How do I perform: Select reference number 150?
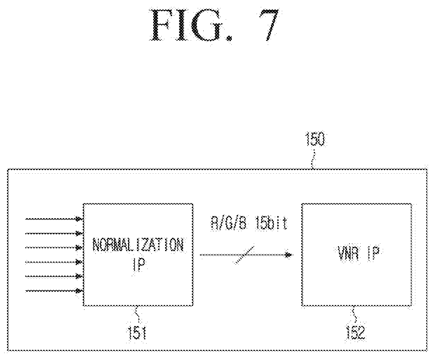[x=315, y=139]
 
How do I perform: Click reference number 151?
[x=137, y=333]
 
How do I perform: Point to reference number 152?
[x=356, y=333]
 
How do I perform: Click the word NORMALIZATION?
[x=138, y=245]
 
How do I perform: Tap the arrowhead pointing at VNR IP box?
[x=289, y=255]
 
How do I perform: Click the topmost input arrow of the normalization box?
[x=54, y=219]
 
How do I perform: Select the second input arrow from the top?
[x=54, y=234]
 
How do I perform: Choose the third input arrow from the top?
[x=54, y=248]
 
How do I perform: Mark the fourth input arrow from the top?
[x=54, y=262]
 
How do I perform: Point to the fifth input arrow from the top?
[x=54, y=276]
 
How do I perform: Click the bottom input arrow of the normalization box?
[x=54, y=291]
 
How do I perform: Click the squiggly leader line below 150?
[x=313, y=159]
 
